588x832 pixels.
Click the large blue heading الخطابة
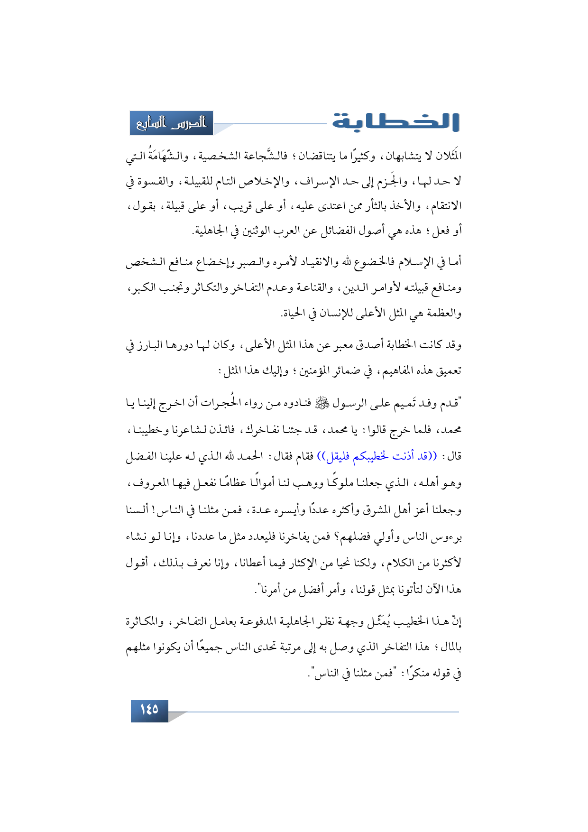(395, 122)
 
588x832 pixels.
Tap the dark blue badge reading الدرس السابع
(171, 123)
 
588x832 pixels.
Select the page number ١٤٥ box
(149, 710)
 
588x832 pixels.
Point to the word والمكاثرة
(145, 621)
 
